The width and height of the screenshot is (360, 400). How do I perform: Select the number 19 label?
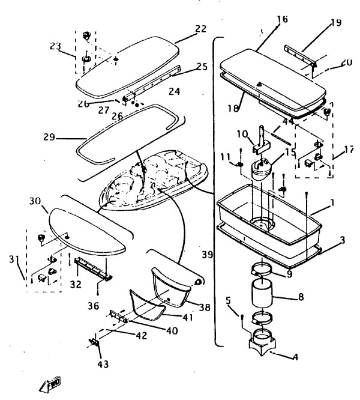point(335,23)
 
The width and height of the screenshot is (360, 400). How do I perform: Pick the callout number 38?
point(205,308)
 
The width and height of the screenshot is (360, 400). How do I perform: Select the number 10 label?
point(242,133)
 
